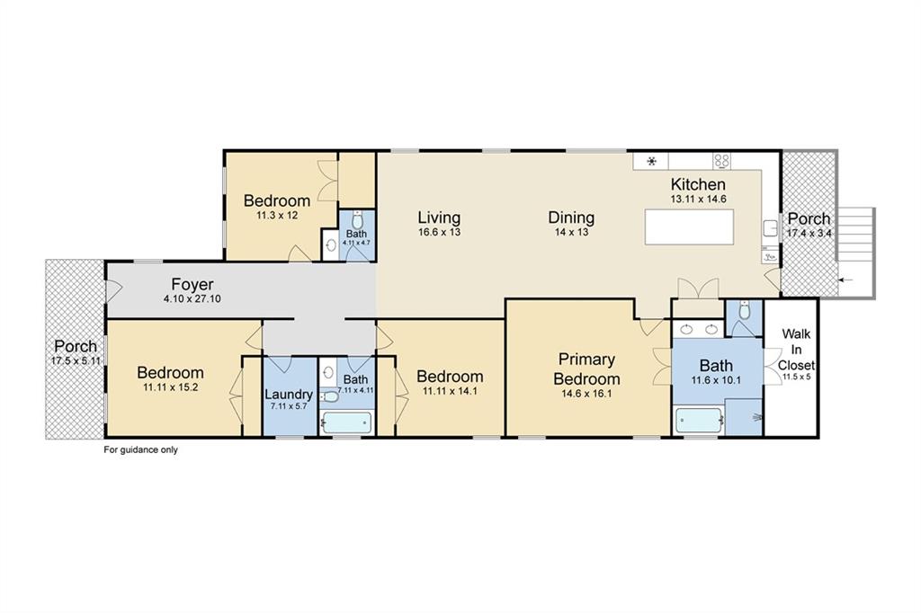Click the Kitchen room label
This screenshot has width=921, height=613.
[698, 183]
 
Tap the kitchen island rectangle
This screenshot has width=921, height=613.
[690, 227]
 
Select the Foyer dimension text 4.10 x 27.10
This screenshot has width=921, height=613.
[192, 299]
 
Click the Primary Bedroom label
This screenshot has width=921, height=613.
[586, 369]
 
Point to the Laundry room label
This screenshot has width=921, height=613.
[288, 394]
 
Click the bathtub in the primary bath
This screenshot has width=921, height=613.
[698, 421]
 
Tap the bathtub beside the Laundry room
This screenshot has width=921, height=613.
[346, 422]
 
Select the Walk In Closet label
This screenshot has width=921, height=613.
[797, 350]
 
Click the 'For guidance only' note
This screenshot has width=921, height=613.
[140, 449]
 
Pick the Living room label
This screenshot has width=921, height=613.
[439, 218]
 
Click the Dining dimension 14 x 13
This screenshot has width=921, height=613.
[571, 232]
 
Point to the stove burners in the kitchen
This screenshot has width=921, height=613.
[721, 161]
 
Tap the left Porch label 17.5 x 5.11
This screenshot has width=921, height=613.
[76, 353]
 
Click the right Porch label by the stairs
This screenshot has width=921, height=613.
[809, 225]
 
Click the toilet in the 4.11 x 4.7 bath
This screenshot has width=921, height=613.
[357, 221]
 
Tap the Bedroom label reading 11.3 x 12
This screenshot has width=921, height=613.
[277, 207]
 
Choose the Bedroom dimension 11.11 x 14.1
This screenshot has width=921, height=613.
[450, 391]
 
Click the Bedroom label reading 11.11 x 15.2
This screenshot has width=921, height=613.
[170, 378]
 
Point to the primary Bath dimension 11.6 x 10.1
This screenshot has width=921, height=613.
[715, 380]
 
